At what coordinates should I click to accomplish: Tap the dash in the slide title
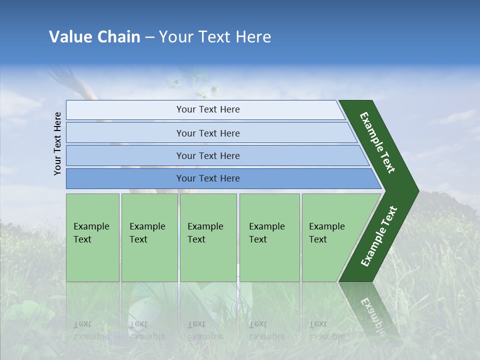pyautogui.click(x=149, y=37)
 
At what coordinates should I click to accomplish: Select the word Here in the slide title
pyautogui.click(x=253, y=36)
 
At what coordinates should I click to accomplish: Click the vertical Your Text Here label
pyautogui.click(x=57, y=143)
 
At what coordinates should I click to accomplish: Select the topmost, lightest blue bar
pyautogui.click(x=207, y=109)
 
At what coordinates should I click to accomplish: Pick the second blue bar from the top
pyautogui.click(x=207, y=133)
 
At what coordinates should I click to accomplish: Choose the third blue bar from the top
pyautogui.click(x=207, y=155)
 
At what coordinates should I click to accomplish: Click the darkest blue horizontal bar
pyautogui.click(x=207, y=178)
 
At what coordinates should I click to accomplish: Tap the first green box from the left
pyautogui.click(x=92, y=237)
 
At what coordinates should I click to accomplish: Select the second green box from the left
pyautogui.click(x=149, y=237)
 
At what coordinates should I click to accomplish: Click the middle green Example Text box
pyautogui.click(x=208, y=237)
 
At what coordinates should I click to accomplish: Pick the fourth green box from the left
pyautogui.click(x=269, y=237)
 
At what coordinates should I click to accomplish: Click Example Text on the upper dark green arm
pyautogui.click(x=378, y=142)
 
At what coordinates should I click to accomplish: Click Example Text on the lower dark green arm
pyautogui.click(x=379, y=236)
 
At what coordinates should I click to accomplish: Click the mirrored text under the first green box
pyautogui.click(x=91, y=330)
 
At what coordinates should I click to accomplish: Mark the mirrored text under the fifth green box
pyautogui.click(x=327, y=330)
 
